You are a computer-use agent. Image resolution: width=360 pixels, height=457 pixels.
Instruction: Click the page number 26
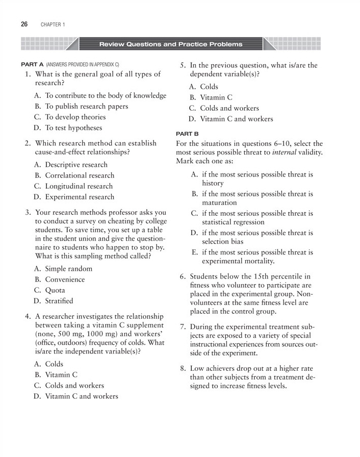tap(24, 24)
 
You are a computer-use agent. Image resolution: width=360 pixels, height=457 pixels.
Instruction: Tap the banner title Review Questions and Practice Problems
tap(171, 44)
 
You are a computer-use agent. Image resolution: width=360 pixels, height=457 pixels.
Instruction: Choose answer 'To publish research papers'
tap(86, 107)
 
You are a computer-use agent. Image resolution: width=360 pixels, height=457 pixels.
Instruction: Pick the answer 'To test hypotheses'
tap(73, 128)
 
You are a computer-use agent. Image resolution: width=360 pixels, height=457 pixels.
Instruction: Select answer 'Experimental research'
tap(80, 197)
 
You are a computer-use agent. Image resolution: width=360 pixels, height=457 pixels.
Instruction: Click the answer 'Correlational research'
tap(80, 175)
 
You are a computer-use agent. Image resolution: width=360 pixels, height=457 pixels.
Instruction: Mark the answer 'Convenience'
tap(65, 280)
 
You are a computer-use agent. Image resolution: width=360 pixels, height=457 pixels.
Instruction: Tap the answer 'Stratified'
tap(59, 301)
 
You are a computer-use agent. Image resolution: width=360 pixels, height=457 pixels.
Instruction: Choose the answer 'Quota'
tap(55, 290)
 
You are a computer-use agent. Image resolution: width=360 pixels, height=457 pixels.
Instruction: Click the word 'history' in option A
tap(213, 183)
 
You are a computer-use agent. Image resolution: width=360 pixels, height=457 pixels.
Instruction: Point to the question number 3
tap(28, 212)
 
